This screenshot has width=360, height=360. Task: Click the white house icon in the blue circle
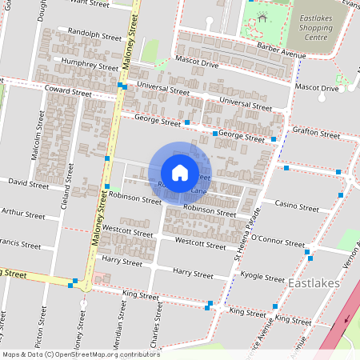[180, 172]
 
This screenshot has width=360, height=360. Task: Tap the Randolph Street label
[94, 36]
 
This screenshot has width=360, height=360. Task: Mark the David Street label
[28, 182]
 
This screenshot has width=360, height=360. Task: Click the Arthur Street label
[24, 214]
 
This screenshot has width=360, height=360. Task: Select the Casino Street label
[297, 206]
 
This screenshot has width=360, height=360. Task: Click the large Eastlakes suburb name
[314, 283]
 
